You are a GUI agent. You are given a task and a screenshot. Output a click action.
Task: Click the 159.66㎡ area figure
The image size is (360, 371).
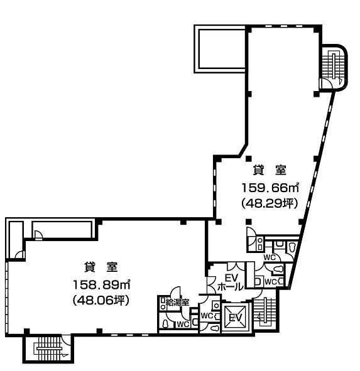pyautogui.click(x=270, y=188)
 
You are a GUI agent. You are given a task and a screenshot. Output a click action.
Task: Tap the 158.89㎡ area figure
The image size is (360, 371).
pyautogui.click(x=102, y=284)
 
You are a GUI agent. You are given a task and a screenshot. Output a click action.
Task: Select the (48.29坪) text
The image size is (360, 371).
pyautogui.click(x=270, y=203)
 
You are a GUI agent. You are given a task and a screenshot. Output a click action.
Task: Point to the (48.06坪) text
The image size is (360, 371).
pyautogui.click(x=101, y=300)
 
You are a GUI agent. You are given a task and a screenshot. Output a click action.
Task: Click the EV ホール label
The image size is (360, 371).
pyautogui.click(x=231, y=282)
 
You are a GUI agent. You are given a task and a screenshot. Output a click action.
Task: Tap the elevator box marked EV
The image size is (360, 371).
pyautogui.click(x=236, y=317)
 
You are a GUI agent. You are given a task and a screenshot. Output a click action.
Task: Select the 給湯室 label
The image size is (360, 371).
pyautogui.click(x=177, y=302)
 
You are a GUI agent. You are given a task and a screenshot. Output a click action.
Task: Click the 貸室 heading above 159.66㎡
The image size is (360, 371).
pyautogui.click(x=270, y=170)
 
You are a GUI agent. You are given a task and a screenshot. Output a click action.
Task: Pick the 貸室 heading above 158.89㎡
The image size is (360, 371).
pyautogui.click(x=101, y=267)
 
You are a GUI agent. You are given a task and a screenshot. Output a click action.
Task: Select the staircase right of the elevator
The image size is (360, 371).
pyautogui.click(x=265, y=313)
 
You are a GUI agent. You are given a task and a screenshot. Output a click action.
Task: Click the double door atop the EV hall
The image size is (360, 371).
pyautogui.click(x=236, y=266)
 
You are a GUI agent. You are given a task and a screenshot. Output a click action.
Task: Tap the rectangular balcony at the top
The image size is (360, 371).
pyautogui.click(x=221, y=49)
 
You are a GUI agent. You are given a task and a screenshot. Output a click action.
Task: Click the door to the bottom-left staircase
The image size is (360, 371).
pyautogui.click(x=66, y=340)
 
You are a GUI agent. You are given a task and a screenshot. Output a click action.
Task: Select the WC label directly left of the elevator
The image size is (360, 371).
pyautogui.click(x=207, y=315)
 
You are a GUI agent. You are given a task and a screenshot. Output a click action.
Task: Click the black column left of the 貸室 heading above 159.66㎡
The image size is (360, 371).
pyautogui.click(x=248, y=159)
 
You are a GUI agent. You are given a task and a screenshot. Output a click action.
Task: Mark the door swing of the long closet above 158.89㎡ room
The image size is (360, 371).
pyautogui.click(x=38, y=235)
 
